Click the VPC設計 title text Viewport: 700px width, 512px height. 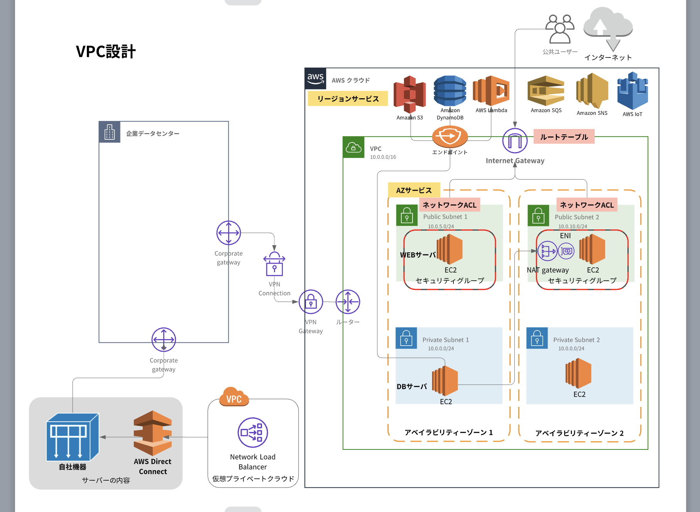click(106, 52)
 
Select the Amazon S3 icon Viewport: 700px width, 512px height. click(409, 93)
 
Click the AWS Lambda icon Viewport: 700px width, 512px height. click(491, 91)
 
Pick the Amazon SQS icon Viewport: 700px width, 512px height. click(546, 91)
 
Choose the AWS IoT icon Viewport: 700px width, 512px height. click(632, 91)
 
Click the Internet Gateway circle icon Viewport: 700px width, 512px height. click(515, 141)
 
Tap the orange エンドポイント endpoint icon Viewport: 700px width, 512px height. click(450, 136)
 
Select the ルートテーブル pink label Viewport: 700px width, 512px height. click(564, 137)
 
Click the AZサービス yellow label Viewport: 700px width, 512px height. click(414, 190)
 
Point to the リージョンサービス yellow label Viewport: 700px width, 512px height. click(348, 99)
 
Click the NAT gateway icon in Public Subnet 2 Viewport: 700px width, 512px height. click(547, 251)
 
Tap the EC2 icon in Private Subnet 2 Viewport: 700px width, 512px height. click(578, 373)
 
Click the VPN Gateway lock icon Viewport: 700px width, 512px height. click(311, 302)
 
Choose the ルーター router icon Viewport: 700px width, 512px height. click(348, 302)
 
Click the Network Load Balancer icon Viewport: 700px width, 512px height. click(253, 432)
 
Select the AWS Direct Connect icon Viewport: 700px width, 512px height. click(153, 433)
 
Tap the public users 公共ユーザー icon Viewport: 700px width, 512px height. click(560, 29)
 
